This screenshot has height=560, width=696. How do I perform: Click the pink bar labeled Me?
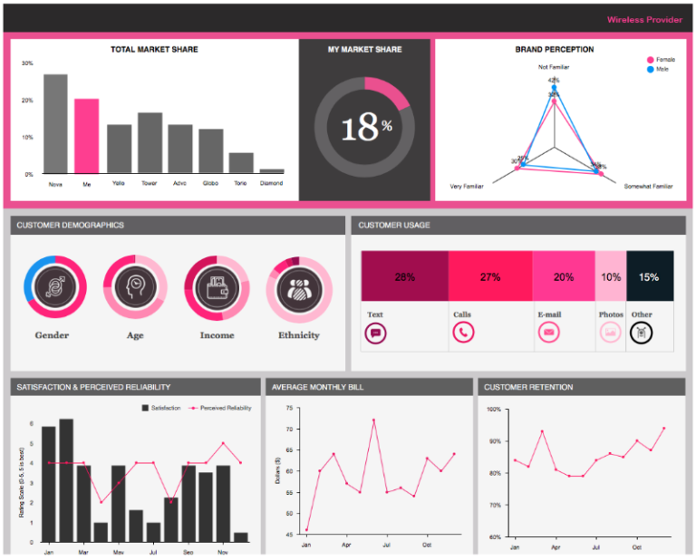[x=86, y=136]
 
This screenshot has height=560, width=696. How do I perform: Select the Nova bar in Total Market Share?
[x=55, y=123]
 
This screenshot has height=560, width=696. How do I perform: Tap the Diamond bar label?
[x=271, y=183]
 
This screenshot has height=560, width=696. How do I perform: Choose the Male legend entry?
[x=660, y=69]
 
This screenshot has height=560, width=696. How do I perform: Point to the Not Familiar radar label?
[x=554, y=67]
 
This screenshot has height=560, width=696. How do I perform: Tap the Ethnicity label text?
[x=298, y=335]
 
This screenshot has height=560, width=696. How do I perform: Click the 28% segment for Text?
[x=404, y=276]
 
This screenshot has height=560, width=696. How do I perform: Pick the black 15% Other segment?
[x=649, y=276]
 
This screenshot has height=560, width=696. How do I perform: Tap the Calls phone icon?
[x=463, y=333]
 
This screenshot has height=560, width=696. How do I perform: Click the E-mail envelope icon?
[x=548, y=333]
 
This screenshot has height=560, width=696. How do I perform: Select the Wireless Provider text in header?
[x=644, y=19]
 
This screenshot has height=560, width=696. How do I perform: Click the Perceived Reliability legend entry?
[x=221, y=409]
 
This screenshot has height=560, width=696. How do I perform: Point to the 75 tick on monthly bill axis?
[x=289, y=409]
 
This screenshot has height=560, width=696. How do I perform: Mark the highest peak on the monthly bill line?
[x=372, y=420]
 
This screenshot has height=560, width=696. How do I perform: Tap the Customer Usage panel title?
[x=394, y=225]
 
